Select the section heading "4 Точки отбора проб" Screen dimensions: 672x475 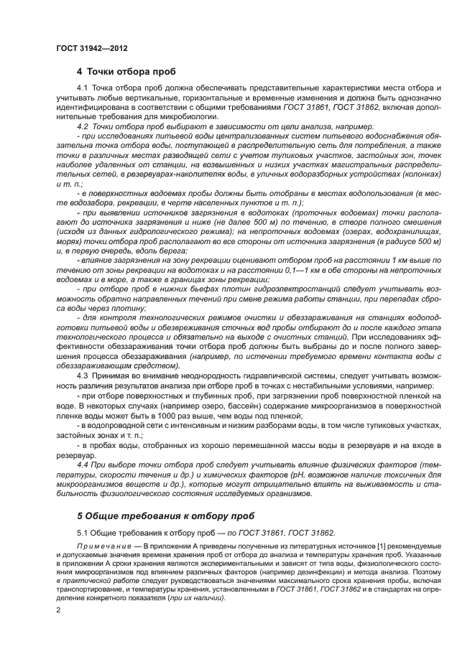pyautogui.click(x=126, y=72)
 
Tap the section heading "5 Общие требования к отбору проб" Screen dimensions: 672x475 pyautogui.click(x=167, y=515)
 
